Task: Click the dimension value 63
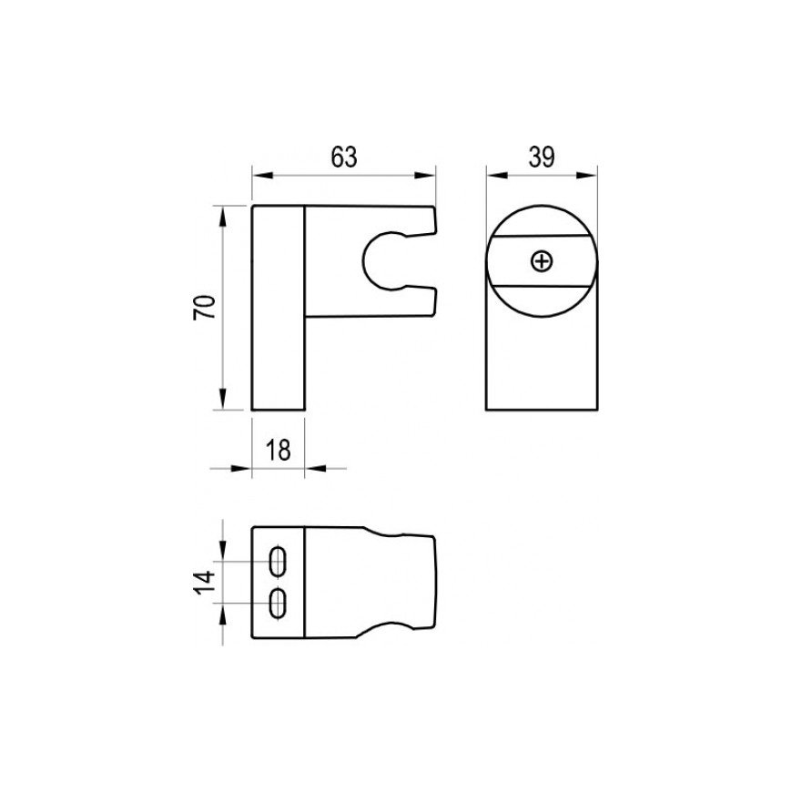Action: coord(344,157)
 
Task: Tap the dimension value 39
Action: coord(542,157)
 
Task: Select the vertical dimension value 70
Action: coord(205,307)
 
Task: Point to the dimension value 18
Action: coord(279,450)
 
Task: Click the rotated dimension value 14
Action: coord(205,583)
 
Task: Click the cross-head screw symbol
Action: coord(543,261)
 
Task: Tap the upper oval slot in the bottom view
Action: coord(278,561)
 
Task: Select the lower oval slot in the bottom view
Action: coord(278,603)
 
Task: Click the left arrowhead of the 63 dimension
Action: coord(263,176)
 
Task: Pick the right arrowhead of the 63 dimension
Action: coord(424,176)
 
